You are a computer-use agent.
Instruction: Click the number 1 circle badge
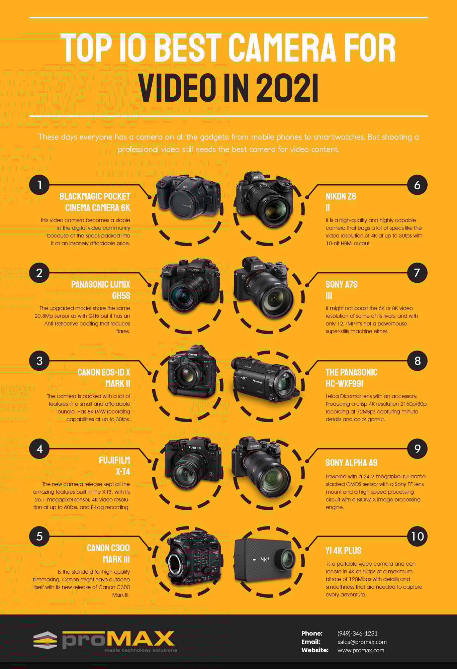pos(39,185)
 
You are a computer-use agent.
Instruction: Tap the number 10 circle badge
pos(417,537)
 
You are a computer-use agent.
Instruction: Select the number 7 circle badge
pos(417,273)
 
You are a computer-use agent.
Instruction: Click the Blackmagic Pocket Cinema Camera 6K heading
pos(95,202)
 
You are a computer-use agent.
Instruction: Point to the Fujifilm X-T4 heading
pos(114,466)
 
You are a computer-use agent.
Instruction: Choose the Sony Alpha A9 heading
pos(351,463)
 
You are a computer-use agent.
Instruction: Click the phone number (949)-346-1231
pos(357,633)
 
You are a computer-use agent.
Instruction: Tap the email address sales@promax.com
pos(362,642)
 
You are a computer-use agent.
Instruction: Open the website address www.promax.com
pos(361,650)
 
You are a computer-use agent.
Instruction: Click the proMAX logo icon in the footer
pos(45,640)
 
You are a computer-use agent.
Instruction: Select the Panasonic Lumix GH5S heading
pos(101,290)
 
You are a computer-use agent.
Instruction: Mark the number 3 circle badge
pos(39,361)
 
